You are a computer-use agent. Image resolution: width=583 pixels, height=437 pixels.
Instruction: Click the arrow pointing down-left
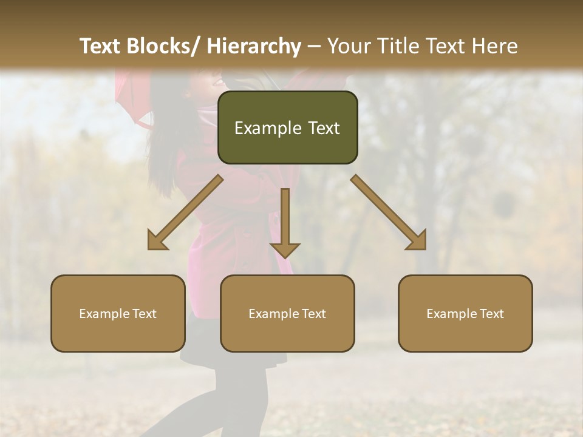click(x=184, y=213)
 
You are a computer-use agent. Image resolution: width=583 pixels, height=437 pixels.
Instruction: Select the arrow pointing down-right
click(x=389, y=213)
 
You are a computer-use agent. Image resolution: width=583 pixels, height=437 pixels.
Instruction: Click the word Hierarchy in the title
click(x=253, y=47)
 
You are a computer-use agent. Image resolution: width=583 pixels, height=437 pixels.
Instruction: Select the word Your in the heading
click(x=348, y=47)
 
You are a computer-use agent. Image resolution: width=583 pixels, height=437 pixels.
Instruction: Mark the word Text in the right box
click(x=491, y=314)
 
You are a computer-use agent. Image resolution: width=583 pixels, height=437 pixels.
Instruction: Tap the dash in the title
click(x=314, y=47)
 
